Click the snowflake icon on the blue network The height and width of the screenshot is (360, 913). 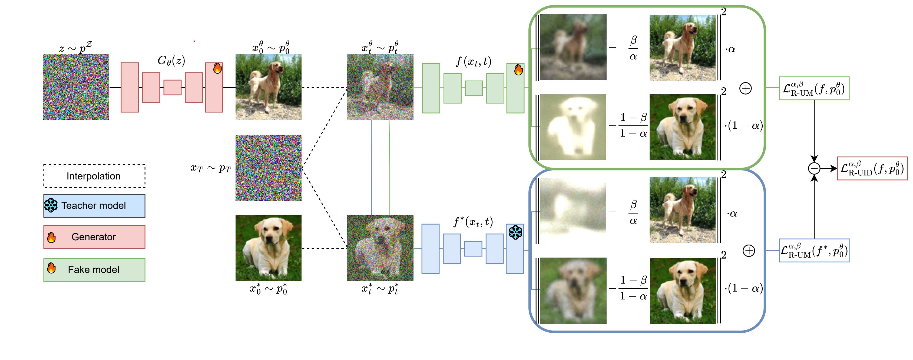(x=515, y=232)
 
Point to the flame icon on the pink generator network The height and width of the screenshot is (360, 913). (x=217, y=68)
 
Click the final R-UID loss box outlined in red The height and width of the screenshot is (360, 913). (x=872, y=169)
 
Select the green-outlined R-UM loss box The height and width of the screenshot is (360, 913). (x=814, y=88)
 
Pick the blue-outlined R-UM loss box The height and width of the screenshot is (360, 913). (x=814, y=251)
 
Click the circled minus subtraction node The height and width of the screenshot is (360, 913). (x=814, y=168)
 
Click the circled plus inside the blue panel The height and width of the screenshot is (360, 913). (x=749, y=251)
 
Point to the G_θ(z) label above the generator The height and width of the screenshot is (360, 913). (x=171, y=61)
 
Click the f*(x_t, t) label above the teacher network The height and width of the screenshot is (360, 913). (x=473, y=222)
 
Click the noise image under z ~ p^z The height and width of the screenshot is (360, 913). (x=76, y=87)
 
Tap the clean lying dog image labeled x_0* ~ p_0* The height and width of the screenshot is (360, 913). (x=268, y=248)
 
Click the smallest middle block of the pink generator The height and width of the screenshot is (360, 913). (x=172, y=88)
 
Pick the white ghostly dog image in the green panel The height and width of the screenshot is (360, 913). (x=573, y=127)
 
